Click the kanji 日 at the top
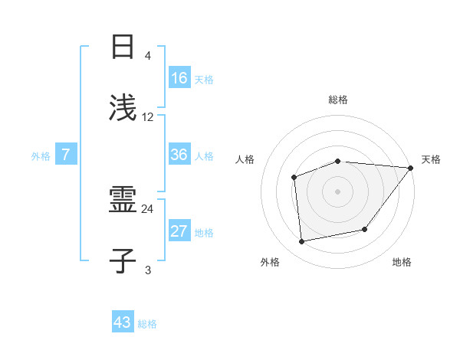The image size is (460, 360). tap(123, 47)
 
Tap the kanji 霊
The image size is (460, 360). tap(123, 200)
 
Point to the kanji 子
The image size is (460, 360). tap(123, 261)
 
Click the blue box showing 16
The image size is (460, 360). tap(179, 78)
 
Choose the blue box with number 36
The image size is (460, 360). tap(179, 155)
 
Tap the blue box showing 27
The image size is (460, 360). tap(179, 231)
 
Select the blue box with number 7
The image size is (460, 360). tap(66, 155)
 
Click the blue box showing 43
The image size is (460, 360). tap(123, 322)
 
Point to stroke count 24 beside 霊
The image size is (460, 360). tap(148, 208)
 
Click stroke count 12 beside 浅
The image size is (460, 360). tap(148, 117)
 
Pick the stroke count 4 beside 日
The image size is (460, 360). tap(147, 56)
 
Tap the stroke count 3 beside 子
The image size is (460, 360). tap(147, 270)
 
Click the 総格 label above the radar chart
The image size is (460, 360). tap(338, 100)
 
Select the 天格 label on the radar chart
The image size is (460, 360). tap(431, 159)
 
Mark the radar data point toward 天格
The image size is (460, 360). tap(410, 168)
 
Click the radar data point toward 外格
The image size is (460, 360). tap(302, 241)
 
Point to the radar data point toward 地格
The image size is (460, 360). tap(365, 229)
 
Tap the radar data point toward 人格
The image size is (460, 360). tap(294, 177)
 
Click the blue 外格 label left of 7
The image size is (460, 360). tap(41, 155)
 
